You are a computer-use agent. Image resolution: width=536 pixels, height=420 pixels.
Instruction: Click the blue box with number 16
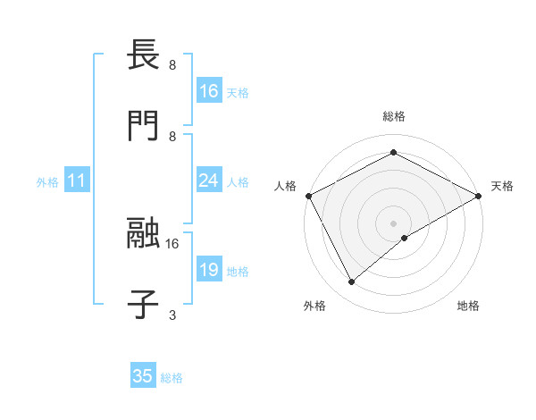coord(209,90)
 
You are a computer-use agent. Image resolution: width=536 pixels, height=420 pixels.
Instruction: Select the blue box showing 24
coord(209,181)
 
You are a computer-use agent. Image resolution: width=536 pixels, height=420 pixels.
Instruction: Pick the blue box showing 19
coord(209,270)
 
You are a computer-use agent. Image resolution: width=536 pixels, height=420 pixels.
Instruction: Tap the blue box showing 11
coord(77,181)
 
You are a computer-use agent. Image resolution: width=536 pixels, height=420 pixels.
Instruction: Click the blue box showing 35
coord(143,376)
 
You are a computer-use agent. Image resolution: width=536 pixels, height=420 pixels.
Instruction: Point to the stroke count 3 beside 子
coord(172,315)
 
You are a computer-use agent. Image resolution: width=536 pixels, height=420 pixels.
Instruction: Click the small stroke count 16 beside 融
coord(172,243)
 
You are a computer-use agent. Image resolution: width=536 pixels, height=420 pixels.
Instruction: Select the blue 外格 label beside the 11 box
coord(47,181)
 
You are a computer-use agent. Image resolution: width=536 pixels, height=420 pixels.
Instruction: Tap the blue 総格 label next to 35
coord(172,377)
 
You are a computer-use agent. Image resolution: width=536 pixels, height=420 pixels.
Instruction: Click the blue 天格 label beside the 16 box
coord(238,91)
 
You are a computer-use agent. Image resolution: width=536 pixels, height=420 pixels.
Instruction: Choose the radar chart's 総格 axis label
coord(393,116)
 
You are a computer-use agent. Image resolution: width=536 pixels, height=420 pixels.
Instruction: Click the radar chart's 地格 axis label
coord(468,306)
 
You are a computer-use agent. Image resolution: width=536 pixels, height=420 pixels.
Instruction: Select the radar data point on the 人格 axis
coord(308,196)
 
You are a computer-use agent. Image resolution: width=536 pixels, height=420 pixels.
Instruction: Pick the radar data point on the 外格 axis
coord(352,282)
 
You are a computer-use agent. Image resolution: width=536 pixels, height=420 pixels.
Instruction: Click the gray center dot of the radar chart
coord(393,223)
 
